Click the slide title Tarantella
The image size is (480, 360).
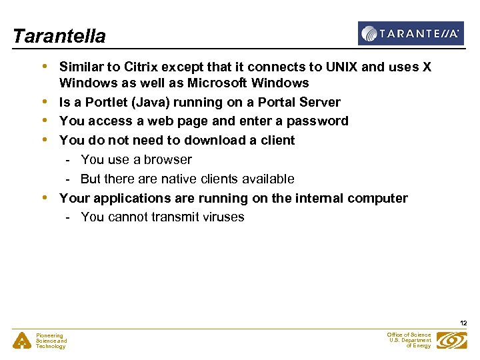coord(59,36)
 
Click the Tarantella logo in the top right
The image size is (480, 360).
coord(410,33)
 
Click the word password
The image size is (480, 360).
coord(317,121)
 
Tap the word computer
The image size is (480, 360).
coord(377,198)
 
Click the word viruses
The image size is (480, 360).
coord(221,217)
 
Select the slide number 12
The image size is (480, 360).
coord(463,323)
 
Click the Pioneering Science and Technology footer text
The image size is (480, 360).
coord(51,341)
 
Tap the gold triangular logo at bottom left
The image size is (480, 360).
coord(22,341)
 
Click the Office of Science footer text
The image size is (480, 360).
coord(409,340)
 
